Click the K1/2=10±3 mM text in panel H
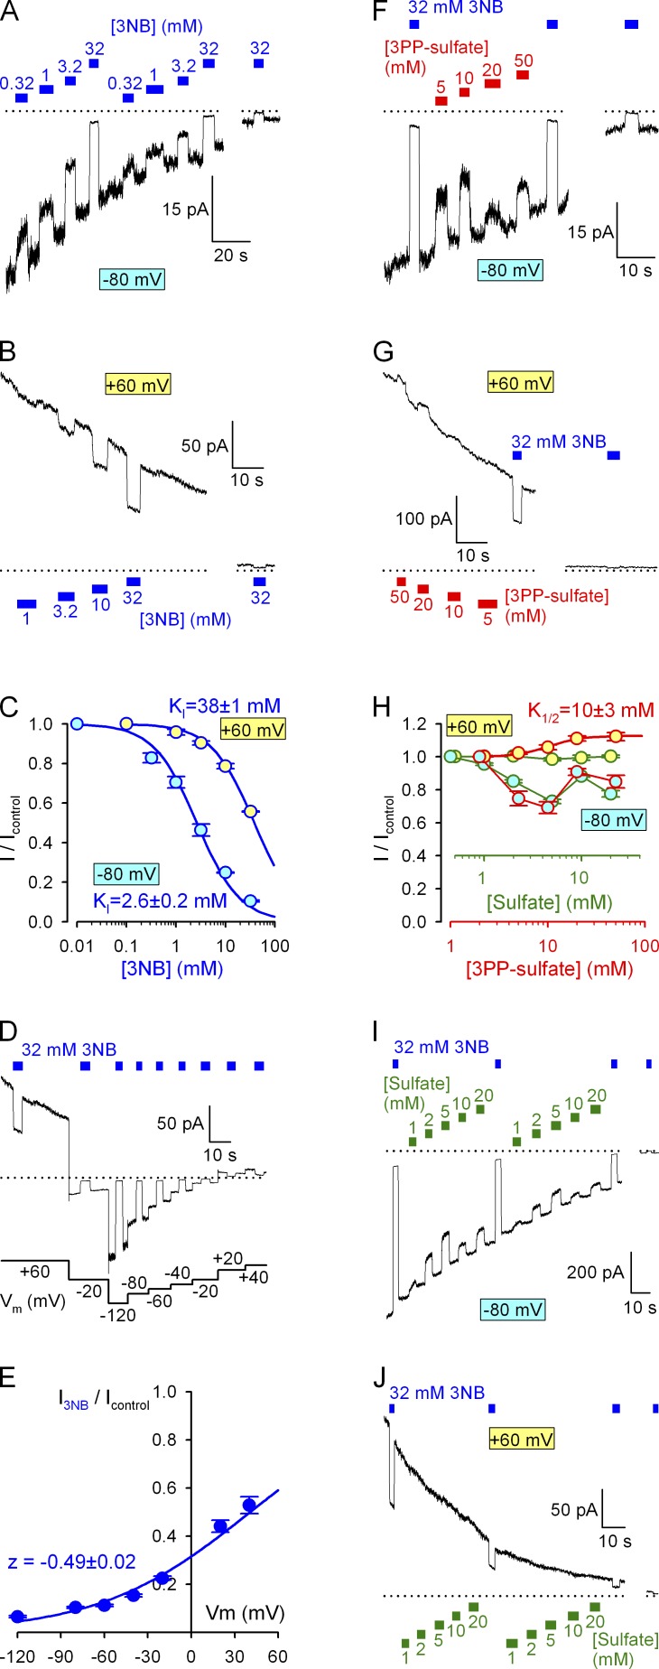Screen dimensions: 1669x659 [590, 711]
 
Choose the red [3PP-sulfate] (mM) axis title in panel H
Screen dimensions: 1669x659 [549, 969]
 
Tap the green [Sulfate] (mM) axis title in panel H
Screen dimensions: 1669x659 [549, 901]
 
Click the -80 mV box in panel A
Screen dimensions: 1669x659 [133, 279]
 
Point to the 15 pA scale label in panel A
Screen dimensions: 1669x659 [185, 210]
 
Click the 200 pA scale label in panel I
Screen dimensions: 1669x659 [595, 1273]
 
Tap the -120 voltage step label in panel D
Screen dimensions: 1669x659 [117, 1315]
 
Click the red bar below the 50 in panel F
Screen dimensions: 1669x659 [523, 75]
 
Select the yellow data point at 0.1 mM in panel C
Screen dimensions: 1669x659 [127, 724]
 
